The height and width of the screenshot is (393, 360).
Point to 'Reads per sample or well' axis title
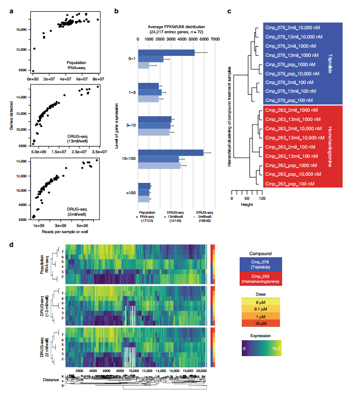tap(64, 234)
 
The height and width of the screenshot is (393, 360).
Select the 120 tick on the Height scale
tap(262, 197)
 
